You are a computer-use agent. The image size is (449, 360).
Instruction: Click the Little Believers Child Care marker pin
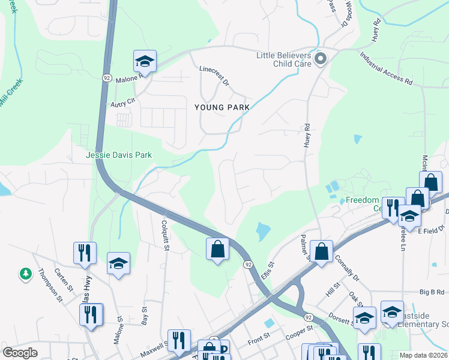click(320, 59)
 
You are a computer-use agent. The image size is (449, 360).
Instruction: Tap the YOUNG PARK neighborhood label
click(221, 107)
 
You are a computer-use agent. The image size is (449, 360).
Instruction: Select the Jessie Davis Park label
click(119, 155)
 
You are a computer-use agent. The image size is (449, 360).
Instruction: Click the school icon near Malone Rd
click(145, 61)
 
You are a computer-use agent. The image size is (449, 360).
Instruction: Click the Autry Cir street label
click(124, 103)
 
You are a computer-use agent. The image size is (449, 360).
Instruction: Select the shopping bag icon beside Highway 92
click(217, 249)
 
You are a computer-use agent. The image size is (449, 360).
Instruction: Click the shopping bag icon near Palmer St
click(322, 252)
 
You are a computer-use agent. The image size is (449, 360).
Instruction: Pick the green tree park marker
click(25, 274)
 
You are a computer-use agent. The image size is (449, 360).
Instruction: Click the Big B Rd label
click(431, 292)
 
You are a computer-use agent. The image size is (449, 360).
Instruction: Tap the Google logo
click(20, 353)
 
